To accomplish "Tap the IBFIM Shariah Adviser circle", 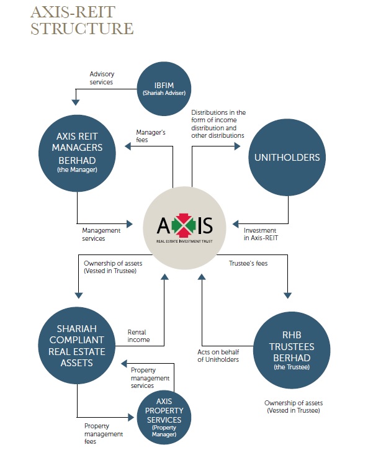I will (x=165, y=89).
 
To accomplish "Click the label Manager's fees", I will (x=151, y=135).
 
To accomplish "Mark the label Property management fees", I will (x=103, y=430).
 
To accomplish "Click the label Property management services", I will (x=150, y=378).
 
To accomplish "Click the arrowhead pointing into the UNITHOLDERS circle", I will (x=237, y=147).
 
